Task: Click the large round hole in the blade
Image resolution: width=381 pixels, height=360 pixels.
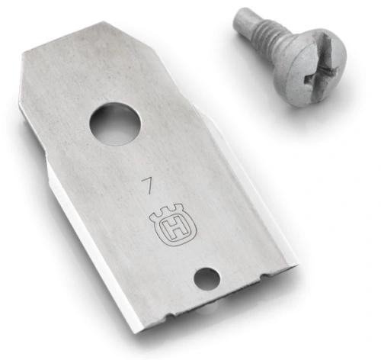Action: (115, 124)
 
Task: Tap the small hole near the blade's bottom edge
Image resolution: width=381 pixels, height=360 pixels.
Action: (207, 279)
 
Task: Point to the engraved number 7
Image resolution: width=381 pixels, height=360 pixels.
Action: (148, 185)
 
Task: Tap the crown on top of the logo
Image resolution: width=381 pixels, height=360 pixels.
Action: (168, 211)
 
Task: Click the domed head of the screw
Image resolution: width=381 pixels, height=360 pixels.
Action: (311, 68)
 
